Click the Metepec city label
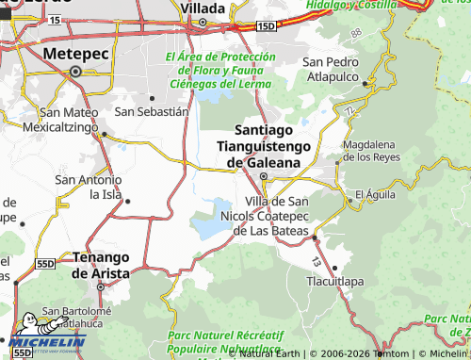[x=74, y=53]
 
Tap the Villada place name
[x=203, y=8]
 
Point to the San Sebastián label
[x=152, y=111]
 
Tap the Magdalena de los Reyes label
[x=372, y=151]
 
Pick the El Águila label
[x=372, y=196]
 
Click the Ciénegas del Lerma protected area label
[x=219, y=72]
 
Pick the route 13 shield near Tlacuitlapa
[x=316, y=261]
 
